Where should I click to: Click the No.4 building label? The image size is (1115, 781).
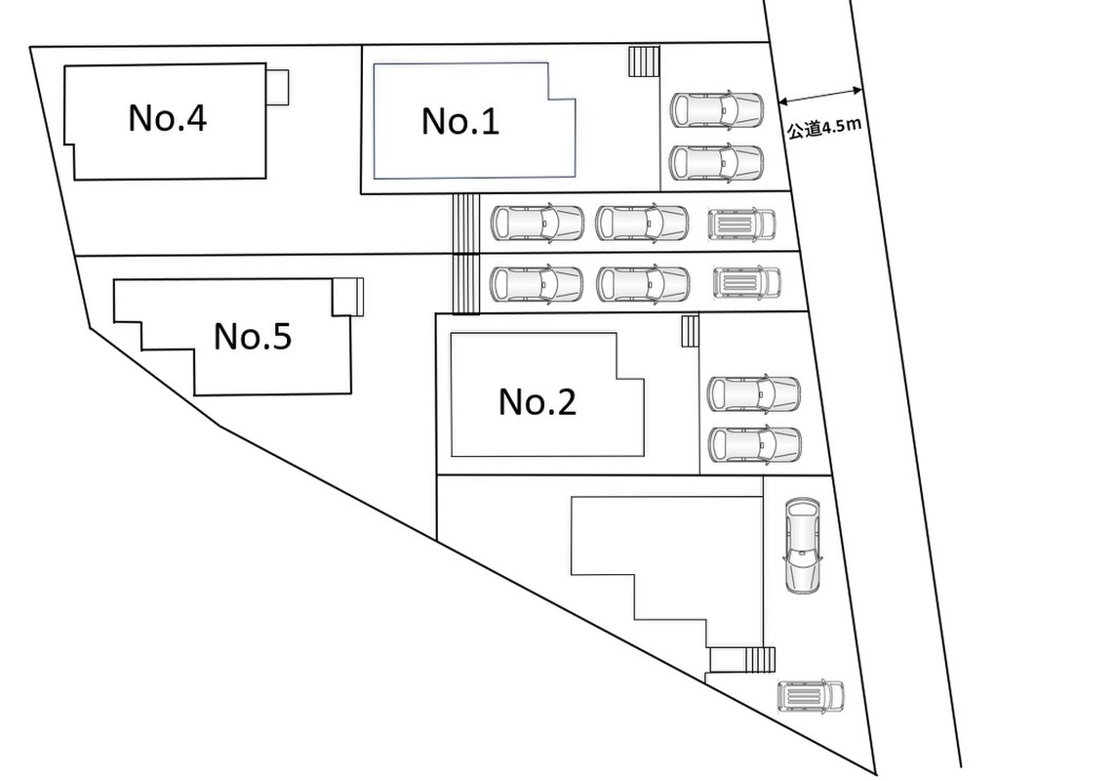167,118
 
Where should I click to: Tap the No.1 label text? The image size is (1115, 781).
460,121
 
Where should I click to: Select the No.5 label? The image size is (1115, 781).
253,337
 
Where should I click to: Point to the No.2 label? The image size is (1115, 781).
538,401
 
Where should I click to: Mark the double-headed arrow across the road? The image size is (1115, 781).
820,96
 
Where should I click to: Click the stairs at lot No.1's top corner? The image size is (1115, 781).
644,62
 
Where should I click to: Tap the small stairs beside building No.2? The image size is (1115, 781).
690,331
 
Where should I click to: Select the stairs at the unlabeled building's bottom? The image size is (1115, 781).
760,660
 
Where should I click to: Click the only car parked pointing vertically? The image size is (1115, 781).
803,546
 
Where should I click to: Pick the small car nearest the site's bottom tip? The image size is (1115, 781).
811,696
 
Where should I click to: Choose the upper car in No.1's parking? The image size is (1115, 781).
717,109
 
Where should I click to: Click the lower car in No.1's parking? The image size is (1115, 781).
717,161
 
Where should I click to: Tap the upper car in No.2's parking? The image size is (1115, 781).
753,393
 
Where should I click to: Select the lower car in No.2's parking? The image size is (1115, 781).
753,444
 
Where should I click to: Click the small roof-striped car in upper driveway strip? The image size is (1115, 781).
741,225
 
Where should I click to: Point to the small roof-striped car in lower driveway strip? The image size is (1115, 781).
747,282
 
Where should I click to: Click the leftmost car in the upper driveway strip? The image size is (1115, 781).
537,223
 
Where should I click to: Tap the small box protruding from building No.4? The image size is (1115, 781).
278,86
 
